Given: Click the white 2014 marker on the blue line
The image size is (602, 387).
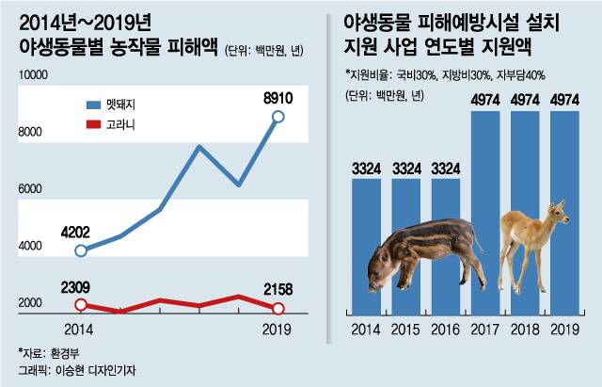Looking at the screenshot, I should tap(81, 250).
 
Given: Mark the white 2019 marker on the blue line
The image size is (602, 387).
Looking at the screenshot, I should tap(277, 117).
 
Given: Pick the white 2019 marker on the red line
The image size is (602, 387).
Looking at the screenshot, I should tap(277, 308).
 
